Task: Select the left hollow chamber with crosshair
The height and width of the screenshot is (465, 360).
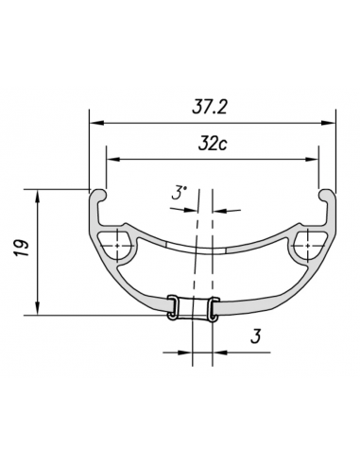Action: pos(120,243)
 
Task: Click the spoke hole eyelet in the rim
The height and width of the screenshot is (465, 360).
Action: pos(193,310)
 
